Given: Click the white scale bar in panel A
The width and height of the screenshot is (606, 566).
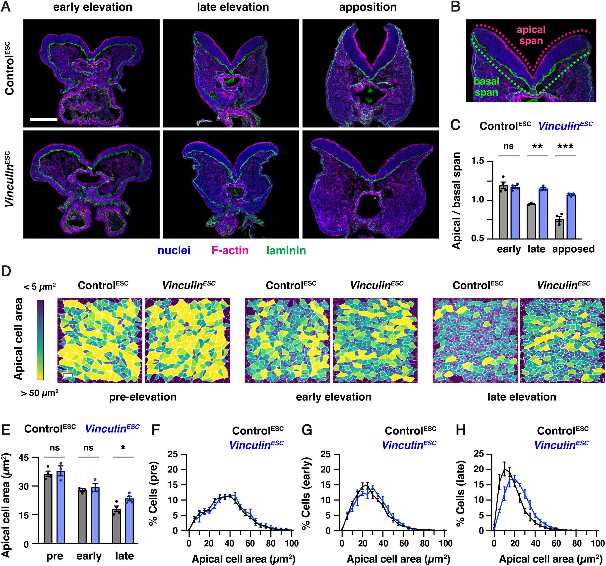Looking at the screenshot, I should [44, 119].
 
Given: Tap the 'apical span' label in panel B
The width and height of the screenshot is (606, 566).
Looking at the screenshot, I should [531, 35].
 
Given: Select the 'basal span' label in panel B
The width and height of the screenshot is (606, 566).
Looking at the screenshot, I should [486, 87].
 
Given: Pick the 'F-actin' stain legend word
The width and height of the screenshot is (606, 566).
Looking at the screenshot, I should [230, 251].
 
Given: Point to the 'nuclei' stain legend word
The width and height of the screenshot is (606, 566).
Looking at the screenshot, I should [174, 251].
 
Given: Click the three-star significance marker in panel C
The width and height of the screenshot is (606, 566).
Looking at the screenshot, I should [565, 147].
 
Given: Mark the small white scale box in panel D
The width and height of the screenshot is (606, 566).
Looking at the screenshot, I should [68, 375].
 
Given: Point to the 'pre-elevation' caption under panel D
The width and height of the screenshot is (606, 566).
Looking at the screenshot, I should [143, 397].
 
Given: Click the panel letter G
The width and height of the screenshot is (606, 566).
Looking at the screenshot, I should [307, 430].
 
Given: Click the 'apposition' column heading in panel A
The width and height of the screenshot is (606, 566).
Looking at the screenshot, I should [368, 7].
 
